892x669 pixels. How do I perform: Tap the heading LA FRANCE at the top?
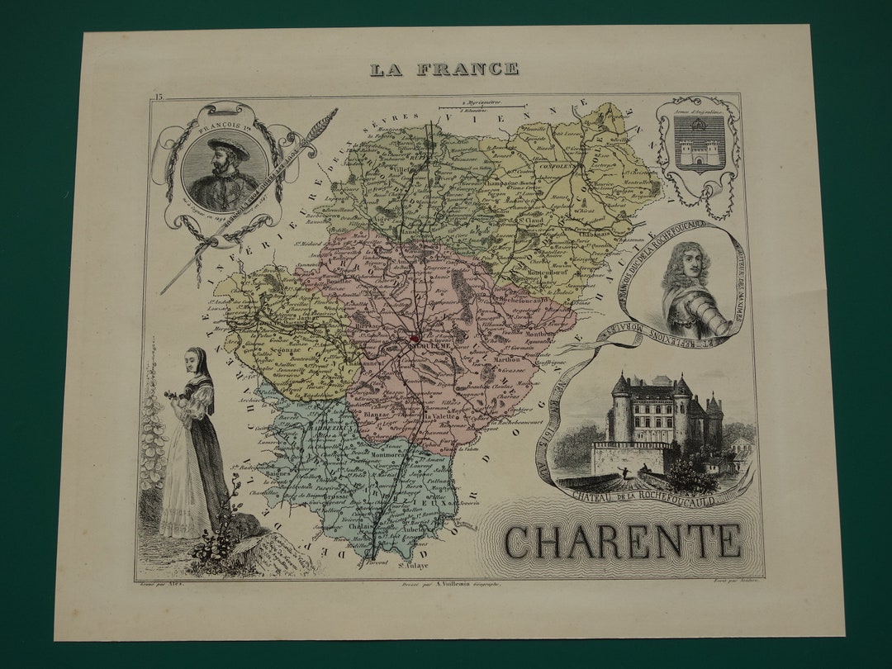[444, 69]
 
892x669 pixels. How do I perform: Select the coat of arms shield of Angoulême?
[700, 142]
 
